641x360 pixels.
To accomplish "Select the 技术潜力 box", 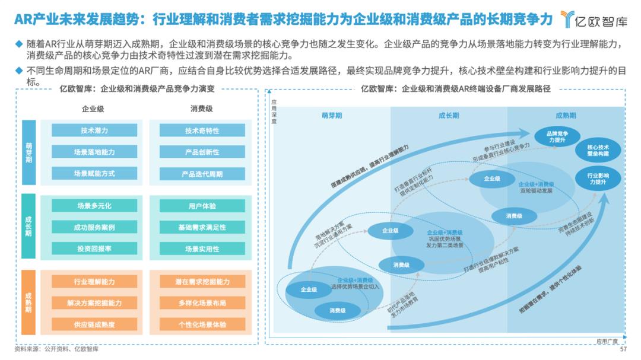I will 94,130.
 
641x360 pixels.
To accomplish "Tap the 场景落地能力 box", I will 94,152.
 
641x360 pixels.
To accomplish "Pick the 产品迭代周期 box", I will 202,174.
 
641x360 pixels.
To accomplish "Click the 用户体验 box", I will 202,206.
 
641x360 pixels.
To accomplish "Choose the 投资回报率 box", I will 94,249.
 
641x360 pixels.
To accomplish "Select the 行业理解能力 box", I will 94,281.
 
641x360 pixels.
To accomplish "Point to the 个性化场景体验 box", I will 202,324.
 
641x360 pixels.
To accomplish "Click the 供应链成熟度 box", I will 94,324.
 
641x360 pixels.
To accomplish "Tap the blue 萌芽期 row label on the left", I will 29,152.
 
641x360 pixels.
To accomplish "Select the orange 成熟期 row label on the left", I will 29,302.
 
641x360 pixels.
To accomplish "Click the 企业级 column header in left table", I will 93,109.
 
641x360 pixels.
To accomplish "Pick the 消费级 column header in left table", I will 201,109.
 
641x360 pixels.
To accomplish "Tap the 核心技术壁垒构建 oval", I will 598,150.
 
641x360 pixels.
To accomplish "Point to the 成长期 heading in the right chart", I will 449,116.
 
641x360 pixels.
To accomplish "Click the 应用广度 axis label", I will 607,341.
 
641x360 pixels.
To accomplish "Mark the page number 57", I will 623,349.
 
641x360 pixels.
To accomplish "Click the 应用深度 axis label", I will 274,110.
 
